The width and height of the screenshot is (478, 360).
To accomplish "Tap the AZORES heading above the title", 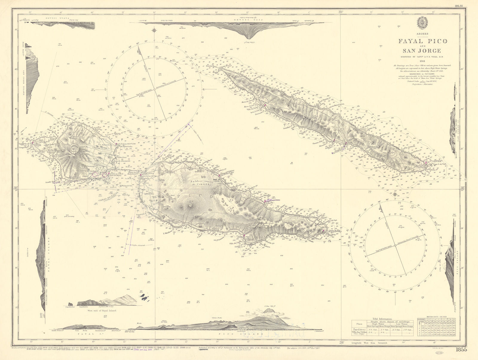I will [x=423, y=34].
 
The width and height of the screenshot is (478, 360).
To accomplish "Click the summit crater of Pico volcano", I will [x=189, y=203].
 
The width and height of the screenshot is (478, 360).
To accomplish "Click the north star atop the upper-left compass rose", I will [x=154, y=30].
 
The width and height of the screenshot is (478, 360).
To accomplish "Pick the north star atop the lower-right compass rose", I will [x=395, y=194].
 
